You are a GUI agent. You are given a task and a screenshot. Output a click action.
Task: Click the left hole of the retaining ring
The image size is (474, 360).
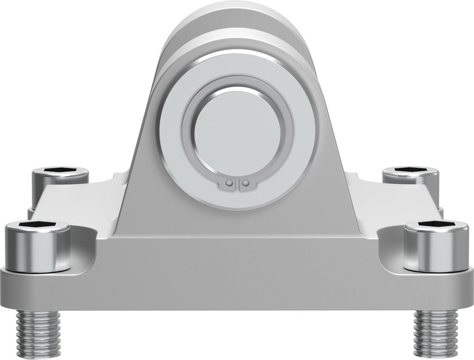coord(229,182)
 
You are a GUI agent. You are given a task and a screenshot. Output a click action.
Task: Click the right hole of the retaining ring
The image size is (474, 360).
coord(245,182)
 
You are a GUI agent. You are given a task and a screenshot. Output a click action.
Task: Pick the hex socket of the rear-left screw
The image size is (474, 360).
coord(60,171)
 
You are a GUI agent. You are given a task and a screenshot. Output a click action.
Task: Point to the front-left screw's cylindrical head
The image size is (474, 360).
coord(36,249)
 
